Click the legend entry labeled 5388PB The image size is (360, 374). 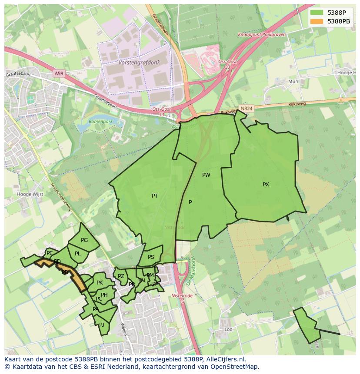click(339, 21)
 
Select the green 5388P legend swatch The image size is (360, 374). click(317, 13)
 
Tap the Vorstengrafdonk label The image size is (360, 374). click(139, 63)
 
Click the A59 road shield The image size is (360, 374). click(59, 74)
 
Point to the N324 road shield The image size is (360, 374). click(247, 108)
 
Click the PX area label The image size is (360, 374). click(266, 185)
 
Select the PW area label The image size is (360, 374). click(206, 175)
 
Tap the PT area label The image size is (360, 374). click(155, 196)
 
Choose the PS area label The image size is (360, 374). click(151, 257)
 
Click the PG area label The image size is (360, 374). click(84, 240)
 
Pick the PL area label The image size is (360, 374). click(78, 254)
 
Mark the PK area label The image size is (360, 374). click(100, 283)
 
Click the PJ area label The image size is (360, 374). click(102, 324)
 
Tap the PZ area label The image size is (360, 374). click(121, 276)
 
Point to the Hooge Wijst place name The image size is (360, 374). click(30, 195)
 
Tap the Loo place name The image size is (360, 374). click(228, 330)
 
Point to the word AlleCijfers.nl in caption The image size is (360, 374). click(226, 359)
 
